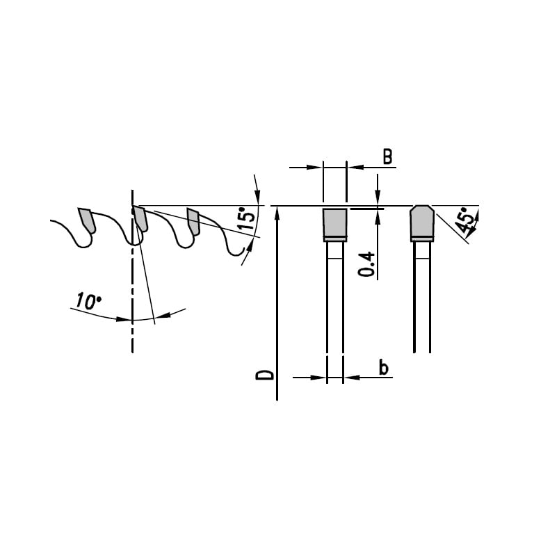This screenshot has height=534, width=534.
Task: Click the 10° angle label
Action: click(88, 301)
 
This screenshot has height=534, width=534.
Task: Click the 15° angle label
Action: click(246, 218)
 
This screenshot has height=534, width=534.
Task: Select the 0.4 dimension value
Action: click(366, 264)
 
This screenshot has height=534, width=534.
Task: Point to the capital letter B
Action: click(387, 157)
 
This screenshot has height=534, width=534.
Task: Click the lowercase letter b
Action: click(384, 368)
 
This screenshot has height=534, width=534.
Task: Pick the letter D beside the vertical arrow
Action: click(265, 375)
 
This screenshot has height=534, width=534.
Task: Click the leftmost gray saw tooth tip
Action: click(86, 220)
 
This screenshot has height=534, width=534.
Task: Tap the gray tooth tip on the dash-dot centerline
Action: click(140, 218)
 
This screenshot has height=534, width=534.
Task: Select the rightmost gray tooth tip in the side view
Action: click(193, 221)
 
